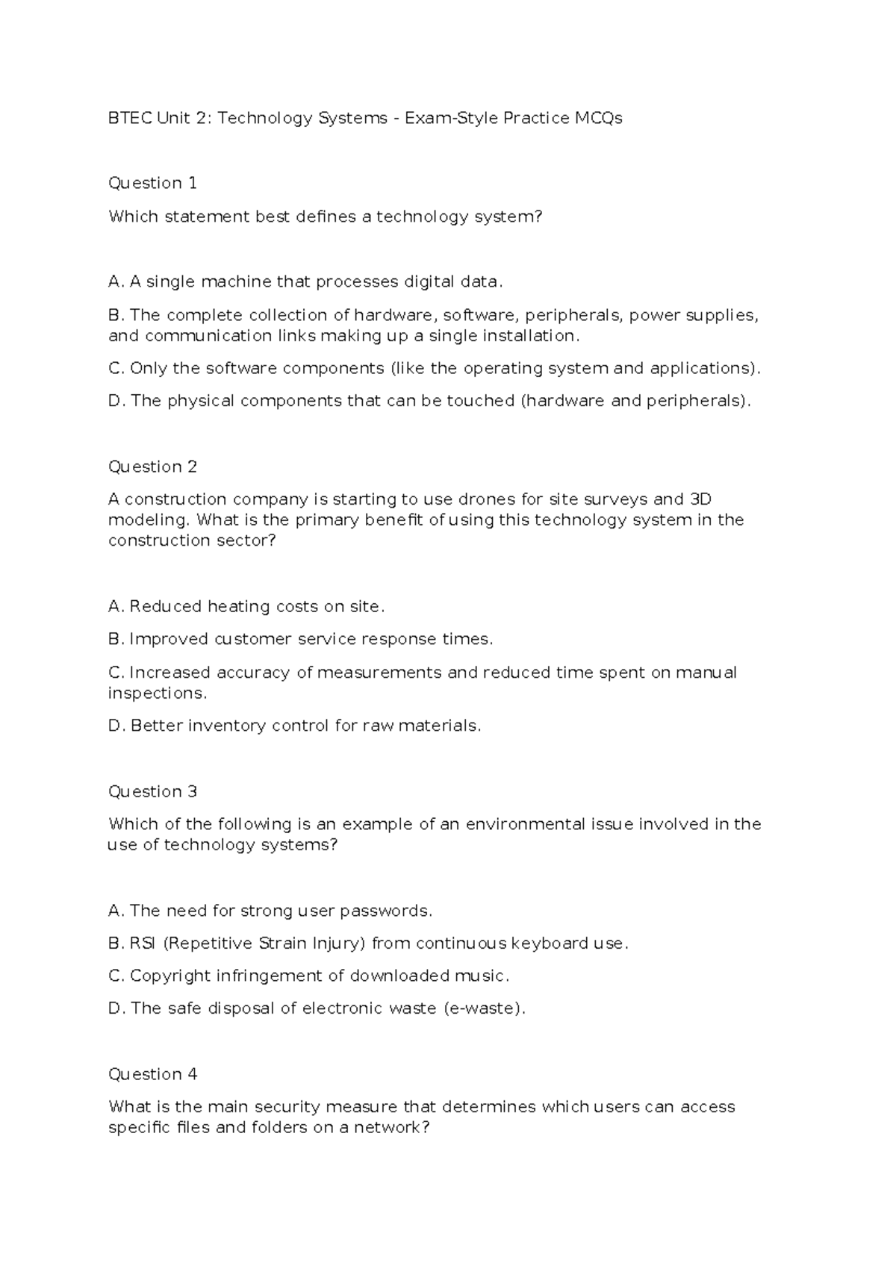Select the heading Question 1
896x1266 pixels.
click(x=153, y=183)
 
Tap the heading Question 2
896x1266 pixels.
click(x=153, y=467)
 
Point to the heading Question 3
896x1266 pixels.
click(x=153, y=791)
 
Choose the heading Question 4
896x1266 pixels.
click(x=153, y=1074)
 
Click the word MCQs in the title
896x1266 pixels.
click(x=598, y=118)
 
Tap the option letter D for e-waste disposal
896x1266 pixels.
click(x=114, y=1008)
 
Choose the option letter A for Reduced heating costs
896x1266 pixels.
click(x=114, y=606)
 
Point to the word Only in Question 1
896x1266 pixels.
click(x=147, y=368)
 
